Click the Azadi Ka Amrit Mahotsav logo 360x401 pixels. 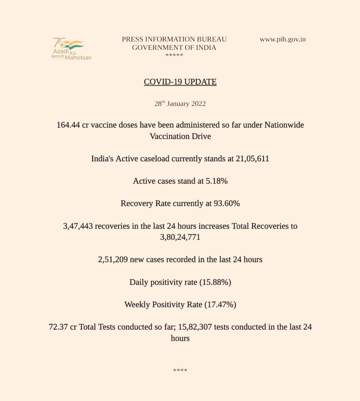pos(71,49)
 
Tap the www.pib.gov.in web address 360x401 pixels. pos(283,40)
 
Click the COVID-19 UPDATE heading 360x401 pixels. pos(180,82)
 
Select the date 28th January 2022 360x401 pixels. pos(180,104)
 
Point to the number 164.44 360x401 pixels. pos(68,125)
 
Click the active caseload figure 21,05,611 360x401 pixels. pos(252,159)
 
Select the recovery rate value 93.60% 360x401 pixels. pos(227,204)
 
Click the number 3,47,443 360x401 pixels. pos(78,226)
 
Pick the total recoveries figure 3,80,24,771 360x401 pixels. pos(180,237)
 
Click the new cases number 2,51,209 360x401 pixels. pos(113,260)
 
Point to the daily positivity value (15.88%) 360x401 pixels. pos(215,282)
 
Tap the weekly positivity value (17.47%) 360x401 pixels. pos(220,304)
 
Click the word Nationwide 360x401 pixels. pos(284,125)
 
